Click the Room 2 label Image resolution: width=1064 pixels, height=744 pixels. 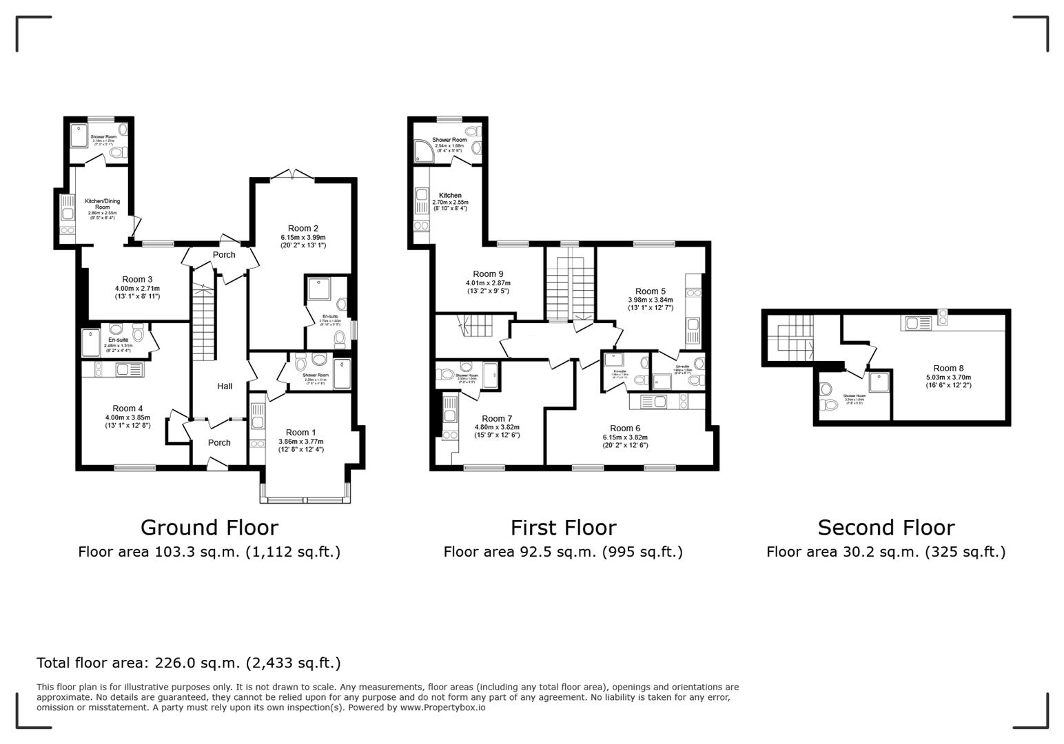[x=303, y=228]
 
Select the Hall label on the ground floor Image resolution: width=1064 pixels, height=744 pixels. [x=225, y=386]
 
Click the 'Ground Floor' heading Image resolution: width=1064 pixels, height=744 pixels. [x=209, y=528]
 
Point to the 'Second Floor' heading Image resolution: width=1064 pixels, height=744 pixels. [x=886, y=528]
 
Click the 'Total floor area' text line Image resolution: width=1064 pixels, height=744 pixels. [x=188, y=663]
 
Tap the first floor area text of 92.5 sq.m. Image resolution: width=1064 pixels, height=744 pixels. [x=562, y=552]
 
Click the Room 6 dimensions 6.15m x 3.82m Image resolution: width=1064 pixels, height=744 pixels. [x=625, y=437]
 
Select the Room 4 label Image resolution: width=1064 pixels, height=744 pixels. [x=128, y=409]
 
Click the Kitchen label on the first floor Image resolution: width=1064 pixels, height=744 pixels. [x=450, y=195]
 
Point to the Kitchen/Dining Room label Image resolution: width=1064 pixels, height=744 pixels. [x=102, y=204]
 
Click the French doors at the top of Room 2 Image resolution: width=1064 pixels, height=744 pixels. [x=292, y=176]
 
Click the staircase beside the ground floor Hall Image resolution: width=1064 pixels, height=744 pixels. [x=203, y=324]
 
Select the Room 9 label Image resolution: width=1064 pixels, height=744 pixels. [x=488, y=273]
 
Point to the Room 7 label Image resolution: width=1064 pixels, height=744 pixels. [x=496, y=418]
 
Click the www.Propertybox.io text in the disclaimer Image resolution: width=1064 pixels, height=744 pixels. [x=442, y=707]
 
